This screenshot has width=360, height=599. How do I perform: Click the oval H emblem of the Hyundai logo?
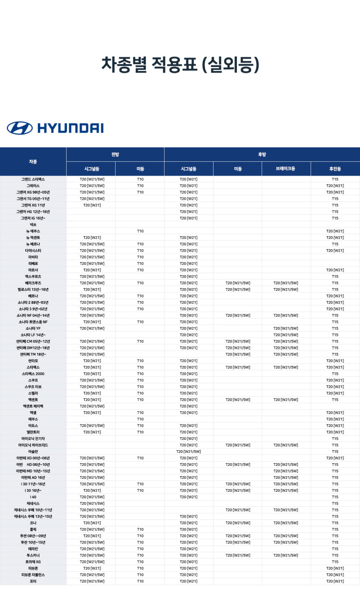point(20,128)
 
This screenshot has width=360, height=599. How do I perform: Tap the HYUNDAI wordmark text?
point(70,128)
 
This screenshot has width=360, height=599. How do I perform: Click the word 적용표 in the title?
point(174,65)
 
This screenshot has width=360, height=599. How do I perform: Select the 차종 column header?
point(33,162)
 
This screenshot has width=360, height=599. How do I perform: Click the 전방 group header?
point(115,155)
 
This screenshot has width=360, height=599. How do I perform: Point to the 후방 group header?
point(262,155)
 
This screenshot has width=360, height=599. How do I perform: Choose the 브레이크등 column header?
point(285,169)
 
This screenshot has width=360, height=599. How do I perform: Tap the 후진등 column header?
point(335,169)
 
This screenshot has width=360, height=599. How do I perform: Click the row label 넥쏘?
point(33,225)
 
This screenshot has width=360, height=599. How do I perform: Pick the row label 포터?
point(33,581)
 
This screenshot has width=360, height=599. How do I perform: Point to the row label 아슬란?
point(33,452)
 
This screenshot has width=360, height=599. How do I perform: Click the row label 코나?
point(33,523)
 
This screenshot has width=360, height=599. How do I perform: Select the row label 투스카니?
point(33,555)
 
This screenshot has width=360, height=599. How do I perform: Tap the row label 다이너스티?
point(33,250)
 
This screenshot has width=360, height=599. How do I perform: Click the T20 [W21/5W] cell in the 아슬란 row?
point(188,452)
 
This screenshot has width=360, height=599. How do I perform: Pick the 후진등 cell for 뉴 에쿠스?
point(335,231)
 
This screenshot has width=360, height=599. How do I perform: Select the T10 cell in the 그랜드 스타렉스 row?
point(140,179)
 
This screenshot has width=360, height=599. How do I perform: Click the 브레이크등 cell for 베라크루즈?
point(285,283)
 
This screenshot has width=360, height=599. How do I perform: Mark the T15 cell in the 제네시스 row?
point(335,503)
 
